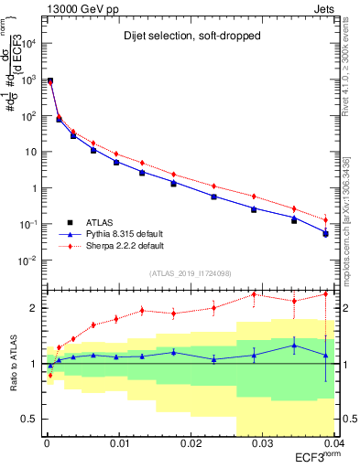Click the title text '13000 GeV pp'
[74, 8]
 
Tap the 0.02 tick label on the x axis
[190, 444]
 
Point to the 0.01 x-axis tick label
[118, 444]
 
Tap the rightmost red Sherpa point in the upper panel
[326, 219]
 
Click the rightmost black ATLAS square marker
[326, 233]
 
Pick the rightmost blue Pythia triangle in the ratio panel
[326, 355]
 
